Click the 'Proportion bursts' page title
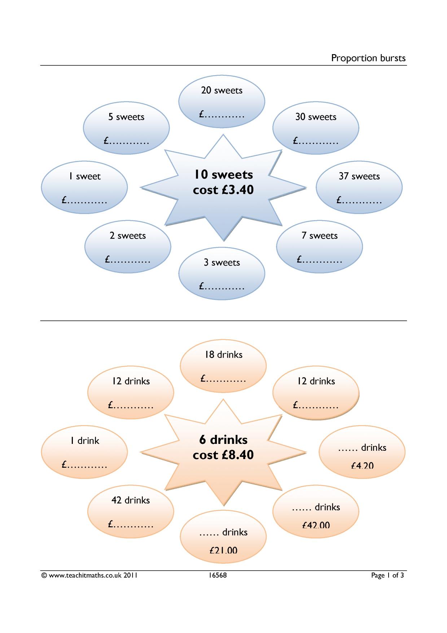(368, 58)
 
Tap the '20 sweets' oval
(222, 101)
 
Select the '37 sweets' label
(359, 176)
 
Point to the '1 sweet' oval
(84, 187)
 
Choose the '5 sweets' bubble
(126, 128)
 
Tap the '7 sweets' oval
(320, 247)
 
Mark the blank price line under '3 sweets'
(222, 287)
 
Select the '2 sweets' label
(128, 236)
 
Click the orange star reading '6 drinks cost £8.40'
(223, 452)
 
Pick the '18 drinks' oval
(223, 366)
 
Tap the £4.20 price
(362, 466)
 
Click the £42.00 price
(316, 525)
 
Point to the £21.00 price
(223, 550)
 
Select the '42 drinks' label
(131, 500)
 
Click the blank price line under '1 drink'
(84, 465)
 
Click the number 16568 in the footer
(218, 575)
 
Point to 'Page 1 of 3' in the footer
(387, 576)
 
